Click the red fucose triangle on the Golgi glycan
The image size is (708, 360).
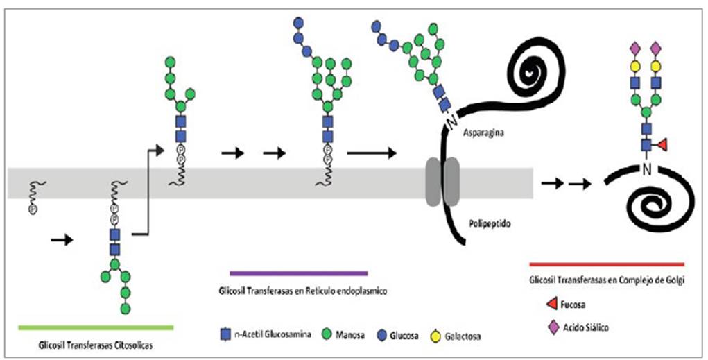pos(661,144)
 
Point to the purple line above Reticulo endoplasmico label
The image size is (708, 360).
pos(298,273)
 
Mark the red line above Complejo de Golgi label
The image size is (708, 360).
pos(606,264)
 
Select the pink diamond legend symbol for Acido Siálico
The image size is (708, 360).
pos(554,325)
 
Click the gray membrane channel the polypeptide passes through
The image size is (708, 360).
pos(442,182)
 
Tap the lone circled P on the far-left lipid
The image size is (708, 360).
pos(33,208)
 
